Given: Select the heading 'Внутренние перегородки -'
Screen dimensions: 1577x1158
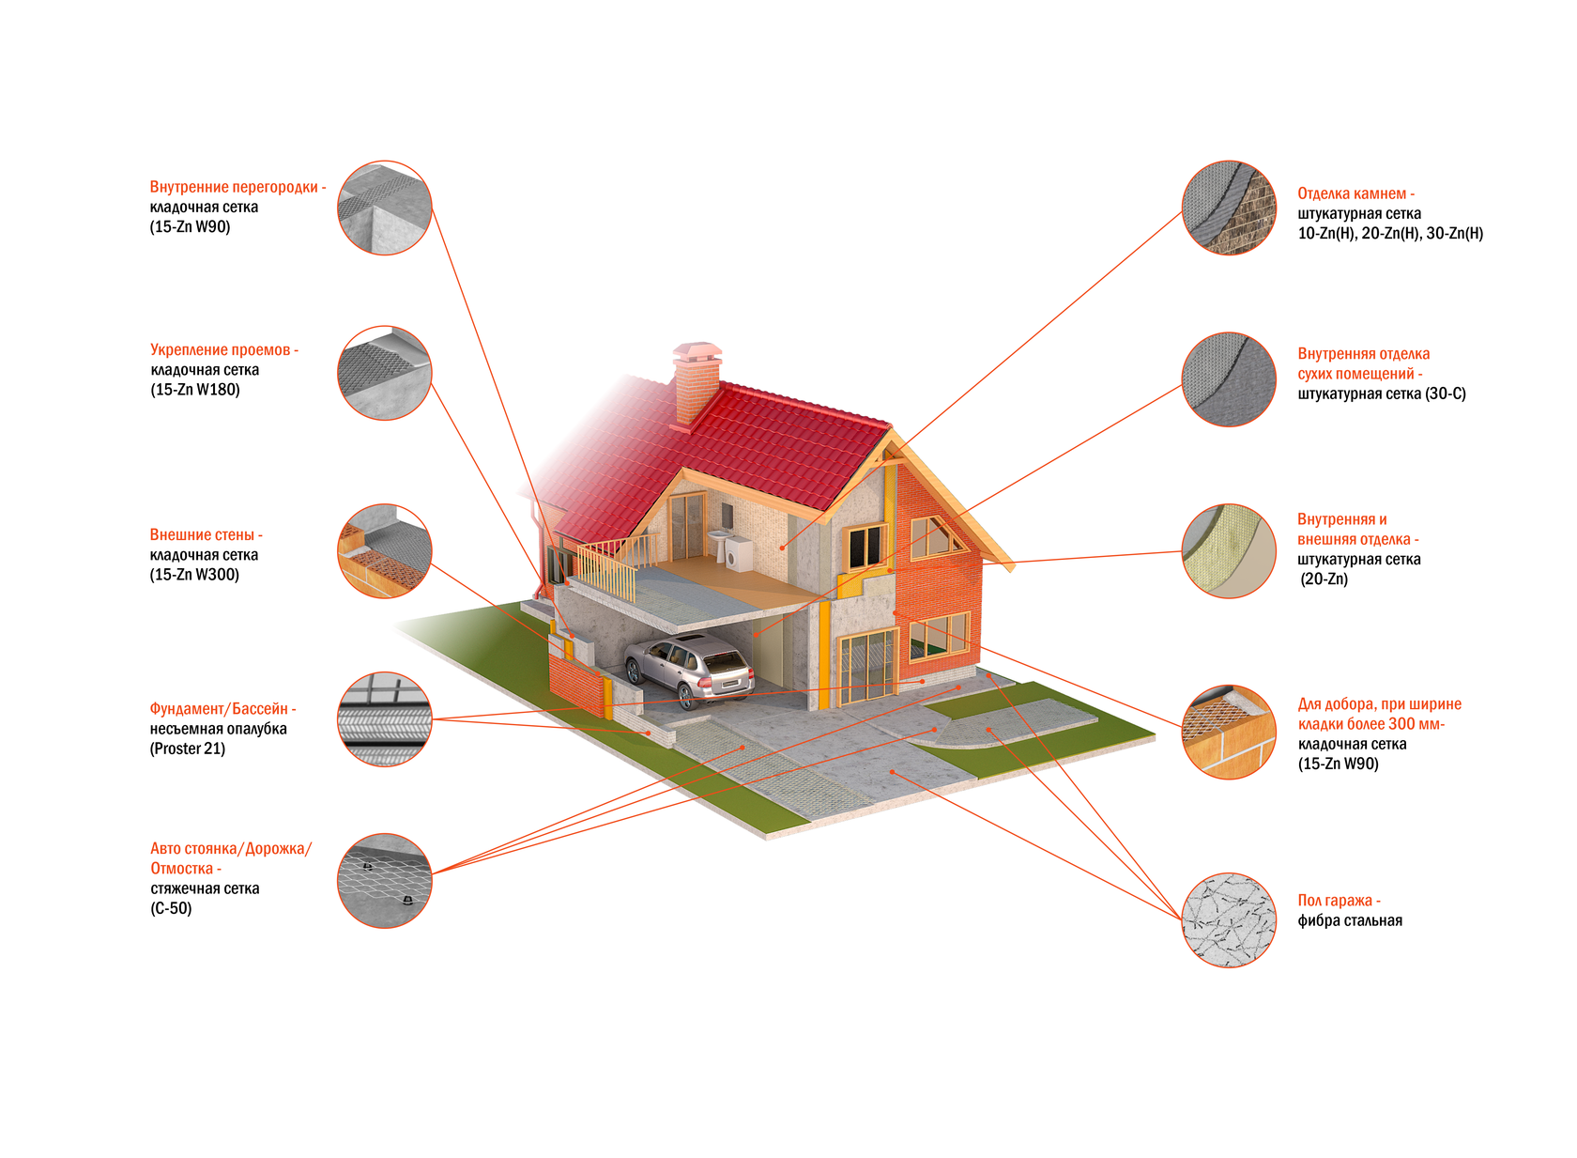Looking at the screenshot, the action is [x=237, y=187].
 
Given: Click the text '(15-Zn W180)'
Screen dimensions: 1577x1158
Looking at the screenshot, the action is [x=195, y=390].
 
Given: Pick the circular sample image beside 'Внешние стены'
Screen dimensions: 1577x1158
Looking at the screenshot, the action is [x=385, y=551].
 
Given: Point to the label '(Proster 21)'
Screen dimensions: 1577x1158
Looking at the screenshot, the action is [x=188, y=749].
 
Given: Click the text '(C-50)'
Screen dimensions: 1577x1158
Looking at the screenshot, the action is [x=171, y=908].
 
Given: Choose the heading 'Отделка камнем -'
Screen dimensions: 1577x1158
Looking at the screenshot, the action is [x=1355, y=193].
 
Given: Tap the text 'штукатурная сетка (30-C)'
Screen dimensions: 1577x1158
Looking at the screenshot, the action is [x=1381, y=394].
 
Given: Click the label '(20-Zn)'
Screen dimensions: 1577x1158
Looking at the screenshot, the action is [x=1324, y=579].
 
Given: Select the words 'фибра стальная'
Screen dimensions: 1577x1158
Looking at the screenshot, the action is [x=1350, y=920].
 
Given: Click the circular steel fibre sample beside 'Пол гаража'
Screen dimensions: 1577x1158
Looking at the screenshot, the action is [x=1229, y=920].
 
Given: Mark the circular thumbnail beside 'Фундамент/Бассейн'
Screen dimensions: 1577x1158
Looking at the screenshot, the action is [x=385, y=719].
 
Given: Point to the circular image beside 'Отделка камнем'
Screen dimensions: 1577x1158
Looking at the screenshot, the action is [x=1229, y=208].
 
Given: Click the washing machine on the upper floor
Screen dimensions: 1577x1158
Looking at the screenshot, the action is [x=740, y=553].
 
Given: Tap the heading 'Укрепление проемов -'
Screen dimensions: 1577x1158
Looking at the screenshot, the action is [x=224, y=350].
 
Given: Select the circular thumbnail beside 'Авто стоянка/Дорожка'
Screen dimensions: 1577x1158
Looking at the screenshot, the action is [x=385, y=881].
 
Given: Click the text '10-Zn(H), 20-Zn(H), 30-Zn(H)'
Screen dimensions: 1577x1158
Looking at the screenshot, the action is [x=1390, y=233].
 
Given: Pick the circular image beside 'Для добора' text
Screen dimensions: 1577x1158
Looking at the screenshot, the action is [x=1229, y=732].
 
